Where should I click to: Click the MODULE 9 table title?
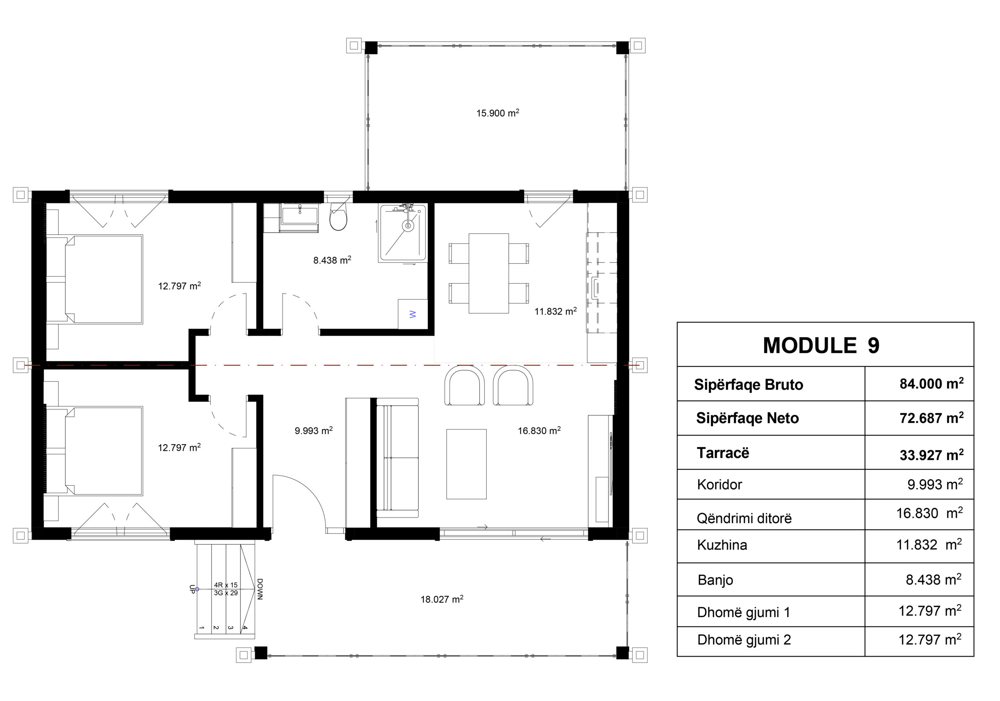[x=821, y=345]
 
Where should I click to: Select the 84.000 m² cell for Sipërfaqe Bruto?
[x=932, y=383]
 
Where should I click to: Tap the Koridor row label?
[x=719, y=485]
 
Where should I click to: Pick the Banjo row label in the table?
[x=715, y=580]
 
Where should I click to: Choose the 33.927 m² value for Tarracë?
[x=932, y=455]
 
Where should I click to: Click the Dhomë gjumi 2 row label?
[x=744, y=640]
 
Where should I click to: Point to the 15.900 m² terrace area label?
[x=497, y=113]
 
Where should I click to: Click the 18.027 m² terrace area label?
[x=442, y=599]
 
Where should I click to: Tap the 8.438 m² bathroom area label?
[x=332, y=260]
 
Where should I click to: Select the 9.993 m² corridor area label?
[x=314, y=431]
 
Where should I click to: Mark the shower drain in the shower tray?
[x=408, y=226]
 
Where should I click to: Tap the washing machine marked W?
[x=413, y=314]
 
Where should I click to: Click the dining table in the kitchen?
[x=489, y=273]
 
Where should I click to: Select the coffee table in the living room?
[x=466, y=464]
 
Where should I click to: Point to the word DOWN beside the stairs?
[x=260, y=589]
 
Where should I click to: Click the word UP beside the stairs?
[x=192, y=589]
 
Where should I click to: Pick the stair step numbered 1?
[x=202, y=628]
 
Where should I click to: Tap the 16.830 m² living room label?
[x=539, y=431]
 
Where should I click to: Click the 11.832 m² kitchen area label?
[x=556, y=311]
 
